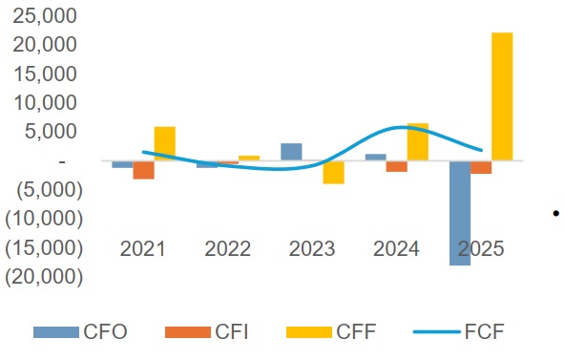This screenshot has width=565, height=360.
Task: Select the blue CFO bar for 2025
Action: tap(460, 212)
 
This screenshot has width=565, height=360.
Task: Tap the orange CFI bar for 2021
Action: tap(144, 170)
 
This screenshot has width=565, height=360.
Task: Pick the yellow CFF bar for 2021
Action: tap(164, 143)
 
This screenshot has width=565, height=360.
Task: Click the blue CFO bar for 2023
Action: tap(291, 152)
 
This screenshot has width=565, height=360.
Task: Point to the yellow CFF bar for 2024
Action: tap(418, 142)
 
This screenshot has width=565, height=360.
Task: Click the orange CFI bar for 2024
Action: tap(396, 166)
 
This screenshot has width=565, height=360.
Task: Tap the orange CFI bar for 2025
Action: tap(481, 167)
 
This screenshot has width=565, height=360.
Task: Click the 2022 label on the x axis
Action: tap(227, 249)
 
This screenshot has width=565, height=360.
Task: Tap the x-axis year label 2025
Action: tap(481, 249)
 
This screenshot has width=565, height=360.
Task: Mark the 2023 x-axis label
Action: tap(312, 249)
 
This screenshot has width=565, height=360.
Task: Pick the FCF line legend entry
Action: tap(459, 332)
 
